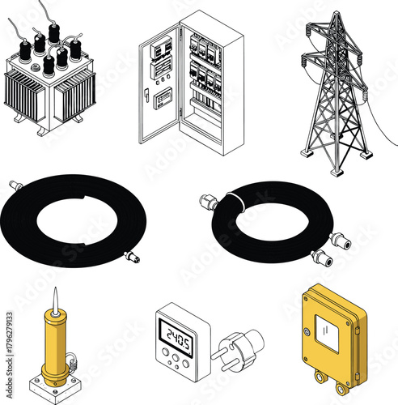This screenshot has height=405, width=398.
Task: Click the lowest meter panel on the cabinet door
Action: coord(164,99)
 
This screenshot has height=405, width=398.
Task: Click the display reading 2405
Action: coord(175,333)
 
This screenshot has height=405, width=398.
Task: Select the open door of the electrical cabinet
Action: coord(159,81)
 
